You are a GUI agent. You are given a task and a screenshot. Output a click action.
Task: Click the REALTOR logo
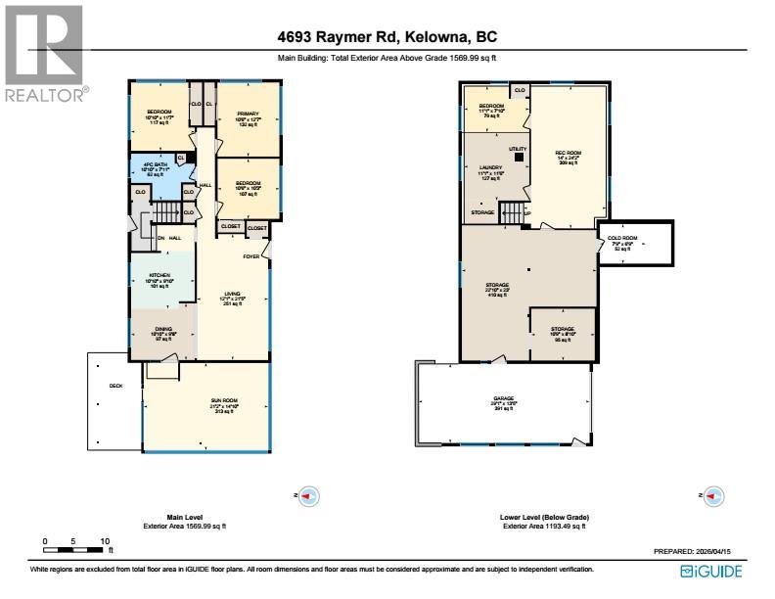[44, 54]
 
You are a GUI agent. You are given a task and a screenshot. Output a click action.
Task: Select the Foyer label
[252, 257]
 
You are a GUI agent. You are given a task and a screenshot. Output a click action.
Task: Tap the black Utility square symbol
[519, 157]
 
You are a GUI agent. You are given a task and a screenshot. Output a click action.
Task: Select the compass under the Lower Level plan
[714, 495]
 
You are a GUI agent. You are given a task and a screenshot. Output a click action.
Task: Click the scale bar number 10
[104, 540]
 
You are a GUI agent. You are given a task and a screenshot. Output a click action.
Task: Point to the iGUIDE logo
[711, 572]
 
